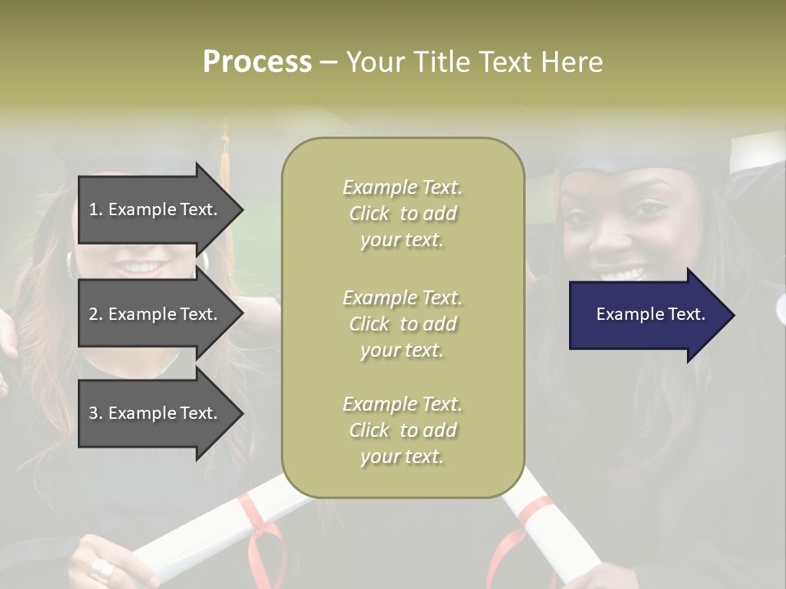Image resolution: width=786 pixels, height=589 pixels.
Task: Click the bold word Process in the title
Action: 257,62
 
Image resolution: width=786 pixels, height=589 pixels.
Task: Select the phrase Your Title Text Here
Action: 474,62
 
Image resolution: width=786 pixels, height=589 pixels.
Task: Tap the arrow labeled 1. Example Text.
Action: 156,209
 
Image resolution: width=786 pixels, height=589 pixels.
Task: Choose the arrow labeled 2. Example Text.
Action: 156,314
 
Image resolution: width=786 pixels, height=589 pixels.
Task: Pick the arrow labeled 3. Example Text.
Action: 156,413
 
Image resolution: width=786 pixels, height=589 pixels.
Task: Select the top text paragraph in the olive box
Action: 403,214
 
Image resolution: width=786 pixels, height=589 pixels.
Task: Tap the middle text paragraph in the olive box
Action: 403,324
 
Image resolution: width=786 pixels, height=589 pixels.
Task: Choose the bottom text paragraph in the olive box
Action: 403,430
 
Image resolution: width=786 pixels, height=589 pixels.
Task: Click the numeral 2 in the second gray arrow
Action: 93,314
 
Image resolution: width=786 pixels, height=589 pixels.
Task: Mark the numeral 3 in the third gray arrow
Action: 93,413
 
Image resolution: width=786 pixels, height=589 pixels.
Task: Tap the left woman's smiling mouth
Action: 143,267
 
